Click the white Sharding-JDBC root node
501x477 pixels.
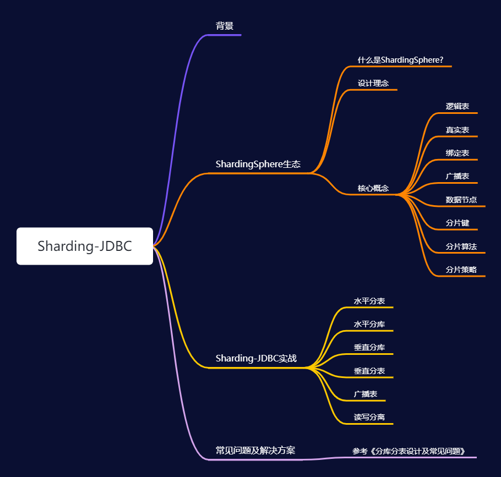coord(85,246)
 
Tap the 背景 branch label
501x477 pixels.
coord(225,26)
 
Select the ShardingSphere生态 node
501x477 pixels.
coord(258,164)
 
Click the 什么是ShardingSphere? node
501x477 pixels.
coord(400,60)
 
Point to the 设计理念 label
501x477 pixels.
coord(373,83)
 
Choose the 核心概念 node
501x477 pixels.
coord(373,188)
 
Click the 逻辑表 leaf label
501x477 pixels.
coord(458,106)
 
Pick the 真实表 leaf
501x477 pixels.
coord(458,130)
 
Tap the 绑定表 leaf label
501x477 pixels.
coord(458,153)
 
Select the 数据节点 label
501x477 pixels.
coord(461,200)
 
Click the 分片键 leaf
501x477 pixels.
coord(458,223)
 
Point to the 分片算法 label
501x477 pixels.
coord(461,246)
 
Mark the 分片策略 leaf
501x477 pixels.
coord(461,270)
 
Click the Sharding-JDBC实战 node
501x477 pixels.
coord(256,358)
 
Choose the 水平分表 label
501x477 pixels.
coord(369,301)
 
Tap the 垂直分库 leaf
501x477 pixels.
coord(369,347)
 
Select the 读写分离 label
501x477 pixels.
coord(369,417)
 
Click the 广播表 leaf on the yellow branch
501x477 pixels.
coord(366,394)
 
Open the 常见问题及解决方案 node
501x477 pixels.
coord(255,450)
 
